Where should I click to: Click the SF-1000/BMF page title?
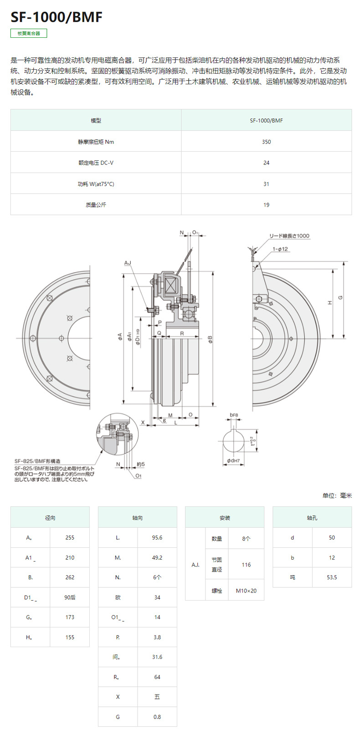[x=57, y=17]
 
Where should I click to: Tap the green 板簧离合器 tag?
[x=29, y=33]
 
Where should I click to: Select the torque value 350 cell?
[x=266, y=142]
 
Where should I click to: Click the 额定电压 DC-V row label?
[x=96, y=163]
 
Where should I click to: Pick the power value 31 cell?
[x=266, y=184]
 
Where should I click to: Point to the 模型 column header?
[x=96, y=121]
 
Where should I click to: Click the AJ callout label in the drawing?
[x=128, y=263]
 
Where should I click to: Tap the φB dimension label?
[x=210, y=339]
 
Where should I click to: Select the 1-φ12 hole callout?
[x=280, y=249]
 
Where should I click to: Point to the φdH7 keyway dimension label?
[x=234, y=461]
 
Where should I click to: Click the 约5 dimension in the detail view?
[x=140, y=464]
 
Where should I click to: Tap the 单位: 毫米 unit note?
[x=337, y=495]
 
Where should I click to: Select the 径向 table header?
[x=50, y=518]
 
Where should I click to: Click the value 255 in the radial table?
[x=70, y=538]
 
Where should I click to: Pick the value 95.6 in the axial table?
[x=157, y=538]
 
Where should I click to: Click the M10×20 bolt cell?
[x=246, y=591]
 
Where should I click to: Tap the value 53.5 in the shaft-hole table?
[x=332, y=577]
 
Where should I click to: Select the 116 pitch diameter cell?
[x=246, y=565]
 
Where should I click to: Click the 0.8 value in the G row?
[x=157, y=717]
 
